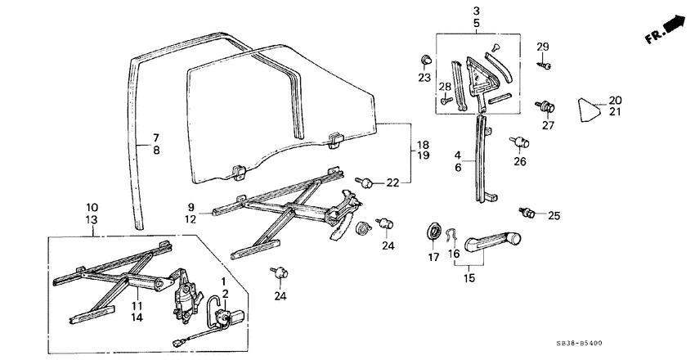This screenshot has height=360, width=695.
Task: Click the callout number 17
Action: (433, 258)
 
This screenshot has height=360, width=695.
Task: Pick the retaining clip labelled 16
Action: (452, 236)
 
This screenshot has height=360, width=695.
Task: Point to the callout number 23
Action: (424, 78)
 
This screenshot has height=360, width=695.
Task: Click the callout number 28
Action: (444, 87)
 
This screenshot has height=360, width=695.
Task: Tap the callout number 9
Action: (191, 207)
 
